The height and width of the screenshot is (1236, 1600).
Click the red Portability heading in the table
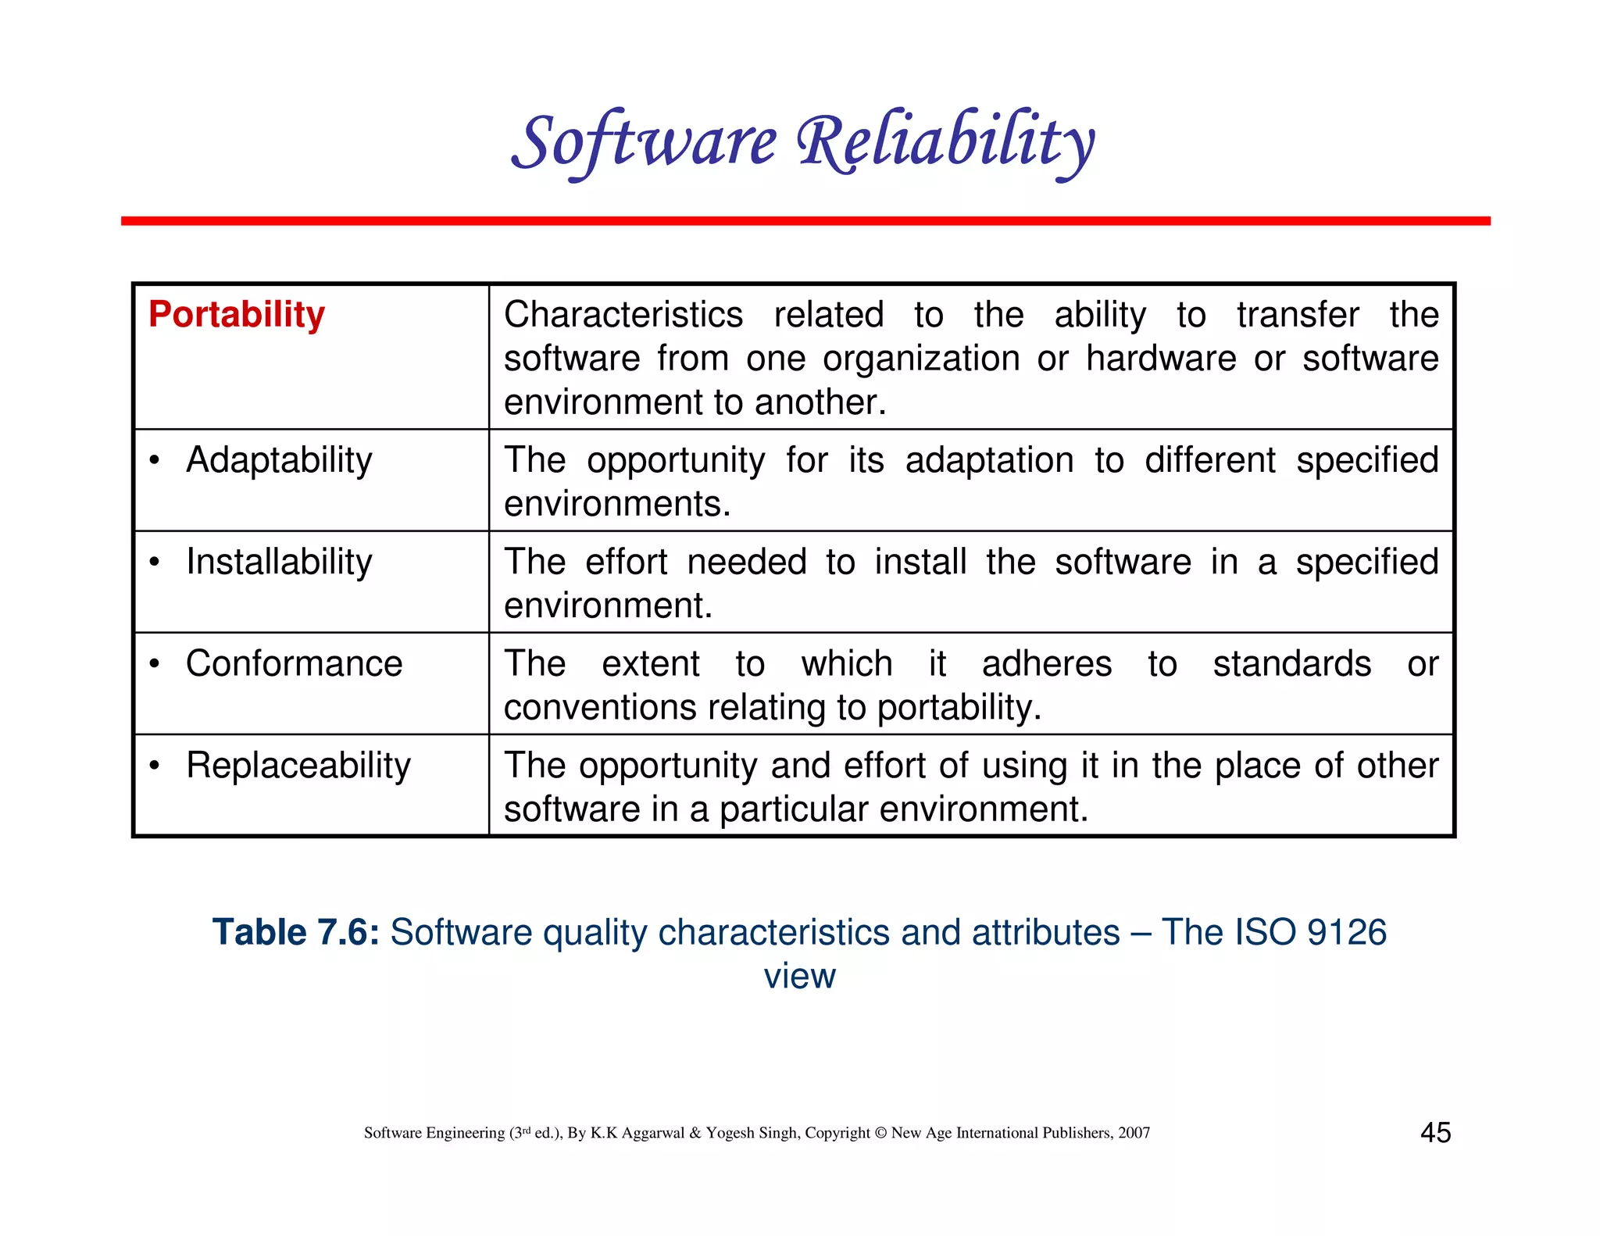point(236,315)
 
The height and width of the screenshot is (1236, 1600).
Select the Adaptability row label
point(279,460)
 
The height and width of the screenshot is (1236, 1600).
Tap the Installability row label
point(279,562)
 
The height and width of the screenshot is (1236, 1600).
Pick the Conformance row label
point(294,663)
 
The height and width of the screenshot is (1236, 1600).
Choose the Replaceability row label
point(298,766)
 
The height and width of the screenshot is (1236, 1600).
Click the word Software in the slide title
point(645,142)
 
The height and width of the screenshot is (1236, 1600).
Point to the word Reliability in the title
point(945,142)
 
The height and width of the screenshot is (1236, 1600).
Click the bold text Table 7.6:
point(295,932)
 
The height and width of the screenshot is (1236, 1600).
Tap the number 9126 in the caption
point(1347,932)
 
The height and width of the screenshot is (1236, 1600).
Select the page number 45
point(1435,1132)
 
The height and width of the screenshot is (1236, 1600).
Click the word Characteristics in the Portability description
point(623,315)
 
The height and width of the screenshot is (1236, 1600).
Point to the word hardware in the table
point(1161,359)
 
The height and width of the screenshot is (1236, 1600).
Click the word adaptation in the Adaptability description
point(989,460)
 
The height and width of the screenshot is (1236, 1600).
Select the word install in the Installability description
point(920,562)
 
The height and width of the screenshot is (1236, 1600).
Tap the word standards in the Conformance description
point(1291,663)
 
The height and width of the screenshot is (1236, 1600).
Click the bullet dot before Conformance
point(155,664)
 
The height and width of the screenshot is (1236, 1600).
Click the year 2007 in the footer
point(1134,1133)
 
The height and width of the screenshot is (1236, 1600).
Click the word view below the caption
point(799,977)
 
